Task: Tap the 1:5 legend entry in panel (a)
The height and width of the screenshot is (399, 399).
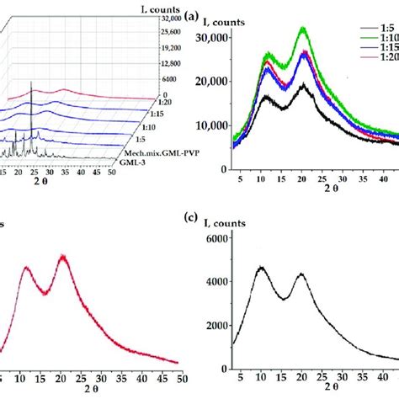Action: coord(375,38)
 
